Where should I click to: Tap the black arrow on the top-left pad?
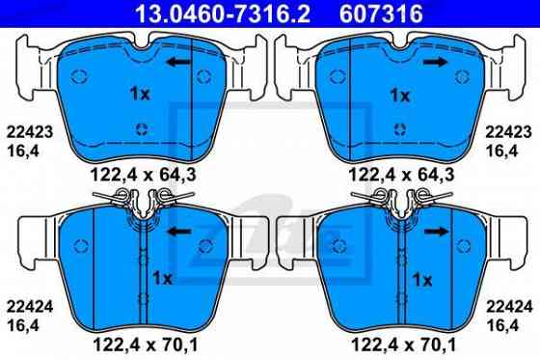(x=176, y=63)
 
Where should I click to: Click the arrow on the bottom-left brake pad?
(x=176, y=233)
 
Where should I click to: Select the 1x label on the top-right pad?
(x=400, y=96)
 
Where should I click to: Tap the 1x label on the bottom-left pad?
(x=162, y=279)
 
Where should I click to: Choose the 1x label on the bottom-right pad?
(x=421, y=279)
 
